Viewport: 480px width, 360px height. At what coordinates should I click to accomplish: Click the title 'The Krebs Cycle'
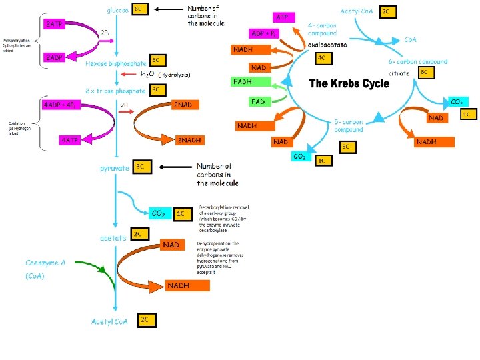tap(349, 83)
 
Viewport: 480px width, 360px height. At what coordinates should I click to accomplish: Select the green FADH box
tap(251, 82)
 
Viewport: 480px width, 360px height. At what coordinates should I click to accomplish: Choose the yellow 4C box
tap(323, 59)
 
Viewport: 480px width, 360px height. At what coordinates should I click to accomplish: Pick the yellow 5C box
tap(346, 146)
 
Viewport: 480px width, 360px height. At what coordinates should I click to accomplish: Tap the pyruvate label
tap(115, 169)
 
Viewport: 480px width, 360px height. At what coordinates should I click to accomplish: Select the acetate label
tap(113, 238)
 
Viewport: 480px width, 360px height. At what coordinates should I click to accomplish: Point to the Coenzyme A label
tap(46, 263)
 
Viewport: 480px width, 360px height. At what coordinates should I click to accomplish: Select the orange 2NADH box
tap(189, 141)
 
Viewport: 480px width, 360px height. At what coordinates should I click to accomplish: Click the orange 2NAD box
tap(184, 105)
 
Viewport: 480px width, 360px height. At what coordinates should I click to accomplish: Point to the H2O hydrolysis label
tap(164, 75)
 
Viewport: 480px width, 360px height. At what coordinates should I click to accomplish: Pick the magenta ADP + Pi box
tap(267, 33)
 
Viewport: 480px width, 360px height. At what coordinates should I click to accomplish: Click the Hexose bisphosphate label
tap(116, 64)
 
